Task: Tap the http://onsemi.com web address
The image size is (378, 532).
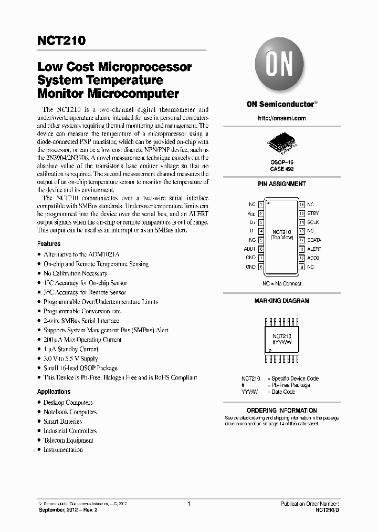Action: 282,118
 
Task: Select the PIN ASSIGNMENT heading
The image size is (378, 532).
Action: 281,184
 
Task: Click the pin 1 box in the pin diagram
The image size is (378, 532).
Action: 261,204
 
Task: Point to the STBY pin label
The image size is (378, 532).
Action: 313,213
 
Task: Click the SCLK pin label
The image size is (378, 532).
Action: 313,222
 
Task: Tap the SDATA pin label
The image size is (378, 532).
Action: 314,240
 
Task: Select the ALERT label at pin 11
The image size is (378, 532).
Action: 314,249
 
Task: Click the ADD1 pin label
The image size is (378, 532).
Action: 249,249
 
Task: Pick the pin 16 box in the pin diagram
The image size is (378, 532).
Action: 302,204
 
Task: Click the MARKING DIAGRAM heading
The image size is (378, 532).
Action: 281,301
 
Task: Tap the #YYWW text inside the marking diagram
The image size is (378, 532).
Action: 281,342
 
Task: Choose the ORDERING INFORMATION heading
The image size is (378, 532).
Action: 281,411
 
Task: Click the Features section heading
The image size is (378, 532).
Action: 49,244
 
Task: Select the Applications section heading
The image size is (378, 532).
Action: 54,392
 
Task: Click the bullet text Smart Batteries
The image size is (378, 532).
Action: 62,422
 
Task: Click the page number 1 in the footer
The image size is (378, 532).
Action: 188,504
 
